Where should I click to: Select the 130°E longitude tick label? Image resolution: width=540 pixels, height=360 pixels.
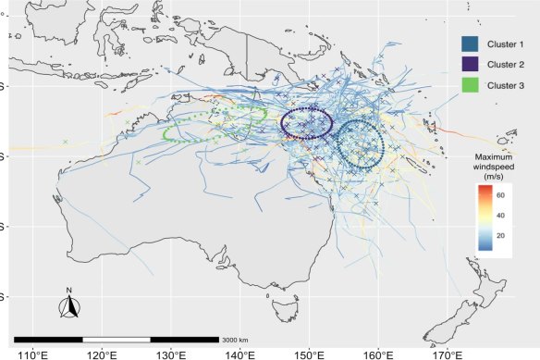click(x=171, y=353)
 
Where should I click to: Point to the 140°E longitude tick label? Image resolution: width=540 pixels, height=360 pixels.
click(x=240, y=353)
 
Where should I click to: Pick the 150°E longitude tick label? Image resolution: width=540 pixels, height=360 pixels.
click(x=309, y=353)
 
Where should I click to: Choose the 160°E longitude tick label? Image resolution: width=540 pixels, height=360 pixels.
click(x=378, y=353)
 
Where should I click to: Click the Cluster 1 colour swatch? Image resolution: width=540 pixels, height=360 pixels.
click(x=471, y=43)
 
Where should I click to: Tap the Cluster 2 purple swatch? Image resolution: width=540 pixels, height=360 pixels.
click(x=471, y=64)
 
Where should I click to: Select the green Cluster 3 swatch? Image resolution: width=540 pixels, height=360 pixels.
click(x=471, y=85)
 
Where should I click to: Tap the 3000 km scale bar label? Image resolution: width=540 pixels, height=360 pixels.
click(x=238, y=340)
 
